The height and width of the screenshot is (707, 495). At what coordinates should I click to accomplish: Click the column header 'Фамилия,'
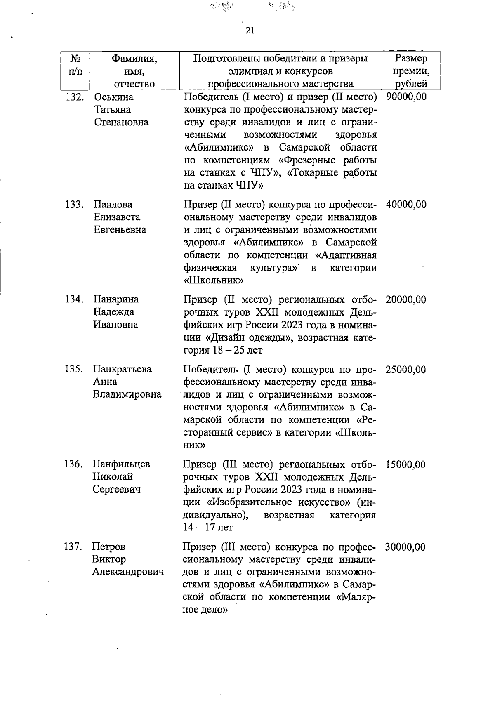[x=134, y=59]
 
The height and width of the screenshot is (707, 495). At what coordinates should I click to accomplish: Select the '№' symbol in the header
[x=75, y=59]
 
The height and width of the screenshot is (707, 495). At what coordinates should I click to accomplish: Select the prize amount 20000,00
[x=406, y=300]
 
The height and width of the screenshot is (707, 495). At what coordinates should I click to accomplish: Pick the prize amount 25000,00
[x=405, y=370]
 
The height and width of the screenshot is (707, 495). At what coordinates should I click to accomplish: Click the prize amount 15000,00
[x=405, y=465]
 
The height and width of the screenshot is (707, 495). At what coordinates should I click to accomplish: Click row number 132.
[x=75, y=97]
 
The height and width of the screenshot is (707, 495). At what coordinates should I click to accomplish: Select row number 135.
[x=74, y=369]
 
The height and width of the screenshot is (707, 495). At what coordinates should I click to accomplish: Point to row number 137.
[x=74, y=547]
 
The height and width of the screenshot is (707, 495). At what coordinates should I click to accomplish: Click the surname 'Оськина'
[x=114, y=97]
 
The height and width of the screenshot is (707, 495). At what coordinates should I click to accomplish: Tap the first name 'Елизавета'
[x=117, y=217]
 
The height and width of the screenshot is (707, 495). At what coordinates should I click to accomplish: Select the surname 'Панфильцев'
[x=121, y=464]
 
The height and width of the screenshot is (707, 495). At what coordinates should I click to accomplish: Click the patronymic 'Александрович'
[x=128, y=572]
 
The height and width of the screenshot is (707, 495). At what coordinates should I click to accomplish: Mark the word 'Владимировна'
[x=127, y=394]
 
